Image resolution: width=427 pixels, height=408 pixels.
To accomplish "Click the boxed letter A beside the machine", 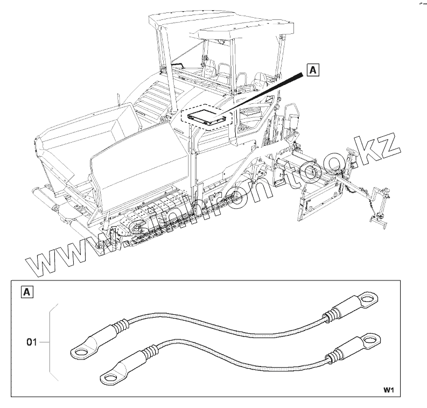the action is [312, 70].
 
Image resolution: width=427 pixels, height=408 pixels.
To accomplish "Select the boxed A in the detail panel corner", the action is [26, 293].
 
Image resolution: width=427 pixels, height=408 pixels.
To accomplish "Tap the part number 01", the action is [32, 342].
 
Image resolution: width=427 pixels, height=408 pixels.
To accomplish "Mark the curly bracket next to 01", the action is [52, 342].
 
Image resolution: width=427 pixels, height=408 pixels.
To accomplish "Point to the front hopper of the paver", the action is [86, 135].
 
